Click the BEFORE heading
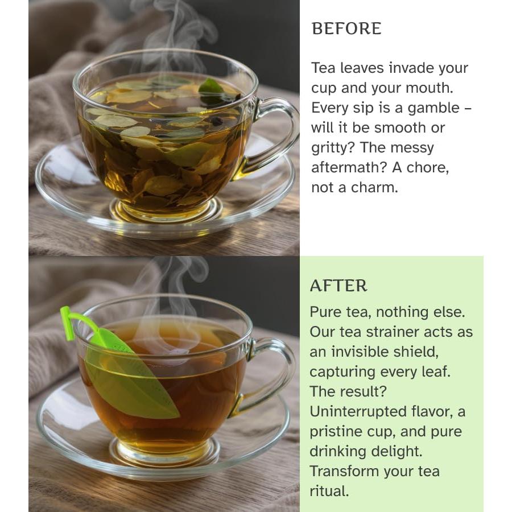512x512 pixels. tap(346, 29)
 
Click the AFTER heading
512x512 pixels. tap(338, 286)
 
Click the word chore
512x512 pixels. tap(427, 168)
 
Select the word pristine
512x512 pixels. tap(340, 432)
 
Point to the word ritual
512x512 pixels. tap(329, 492)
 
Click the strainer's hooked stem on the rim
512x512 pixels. tap(71, 321)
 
